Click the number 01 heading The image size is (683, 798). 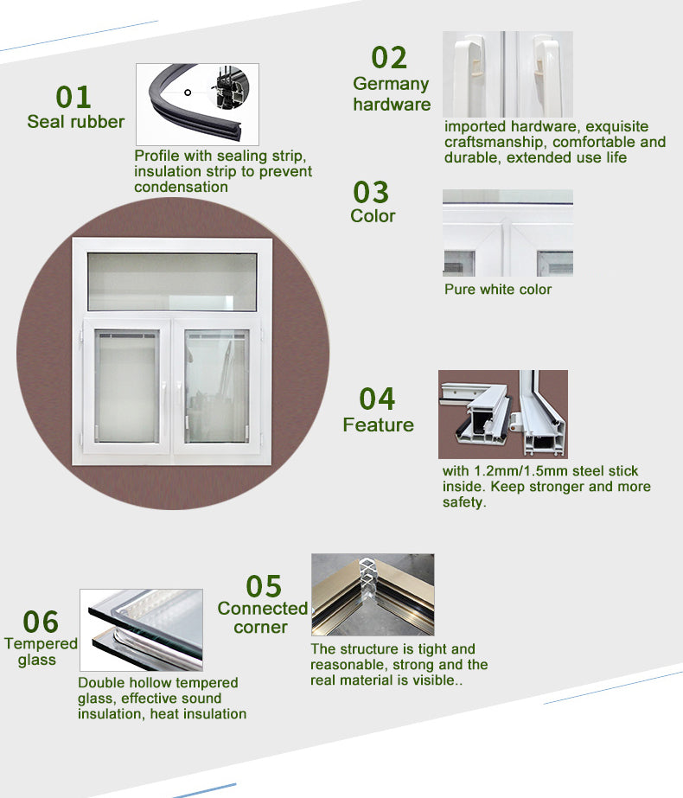coord(73,97)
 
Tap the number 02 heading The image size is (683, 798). coord(389,57)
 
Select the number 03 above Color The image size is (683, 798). coord(371,192)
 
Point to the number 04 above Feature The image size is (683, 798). coord(377,399)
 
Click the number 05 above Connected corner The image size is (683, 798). coord(264,586)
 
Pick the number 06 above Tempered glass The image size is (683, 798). coord(41,622)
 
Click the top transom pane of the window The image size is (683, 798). coord(172,282)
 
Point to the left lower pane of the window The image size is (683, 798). coord(127,386)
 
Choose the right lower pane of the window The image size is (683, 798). coord(216,386)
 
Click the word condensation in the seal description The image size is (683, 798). coord(182,187)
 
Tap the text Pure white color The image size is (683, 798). coord(498,290)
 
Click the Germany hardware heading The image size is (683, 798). coord(392,93)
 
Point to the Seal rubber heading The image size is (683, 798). coord(76,122)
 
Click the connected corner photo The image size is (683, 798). coord(373,595)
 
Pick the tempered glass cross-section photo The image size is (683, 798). coord(142,630)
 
